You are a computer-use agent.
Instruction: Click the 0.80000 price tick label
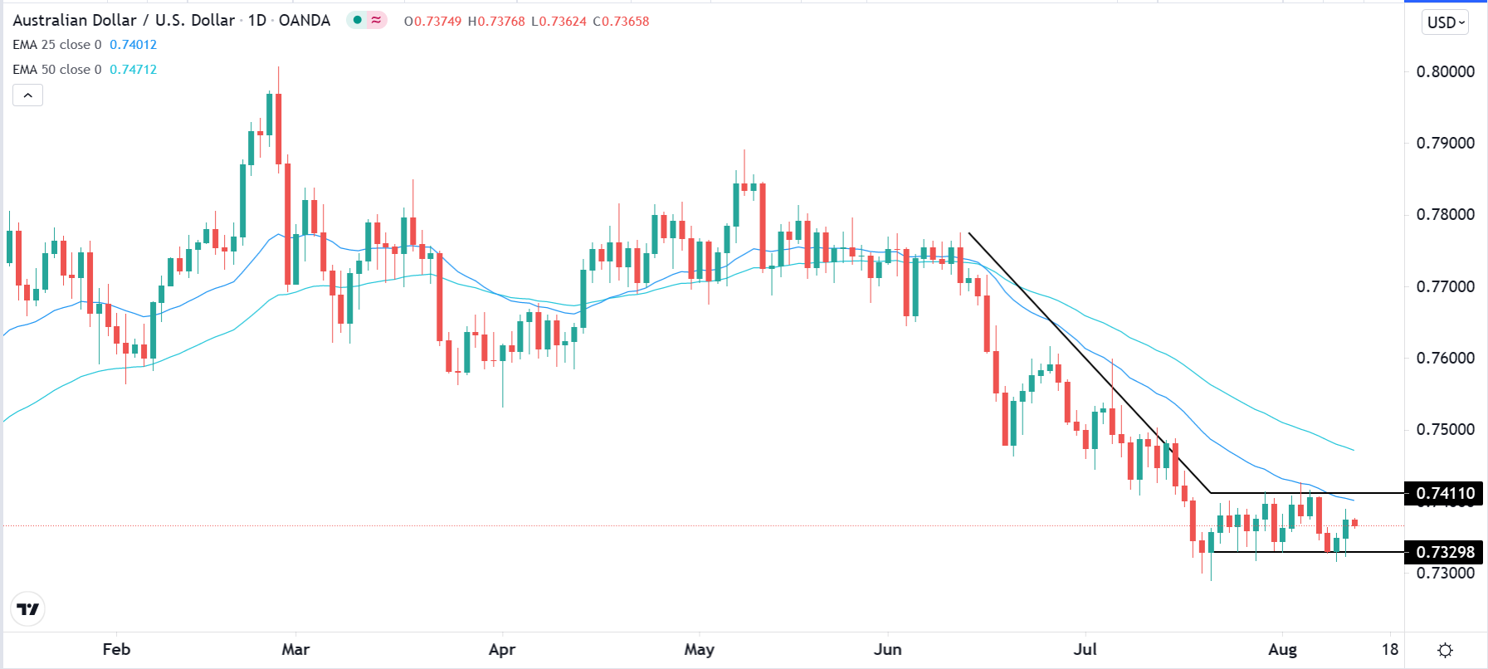point(1445,71)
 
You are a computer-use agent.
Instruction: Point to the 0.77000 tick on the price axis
point(1445,286)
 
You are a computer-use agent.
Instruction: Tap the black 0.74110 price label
point(1445,493)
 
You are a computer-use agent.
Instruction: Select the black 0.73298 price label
point(1445,552)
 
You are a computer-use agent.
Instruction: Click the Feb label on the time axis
point(116,649)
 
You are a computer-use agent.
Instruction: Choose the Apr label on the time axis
point(502,649)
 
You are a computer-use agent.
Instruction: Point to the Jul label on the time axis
point(1085,649)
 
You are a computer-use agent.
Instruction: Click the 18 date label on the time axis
point(1390,649)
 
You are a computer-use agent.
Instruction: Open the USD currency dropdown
point(1446,22)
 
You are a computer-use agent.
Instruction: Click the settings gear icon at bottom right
point(1445,650)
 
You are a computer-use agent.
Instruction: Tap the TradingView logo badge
point(28,609)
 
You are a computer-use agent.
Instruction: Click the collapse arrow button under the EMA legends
point(27,95)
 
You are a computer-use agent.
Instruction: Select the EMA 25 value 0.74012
point(133,45)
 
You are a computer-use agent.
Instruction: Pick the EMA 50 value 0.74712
point(133,70)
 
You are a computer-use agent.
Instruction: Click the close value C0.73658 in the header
point(621,21)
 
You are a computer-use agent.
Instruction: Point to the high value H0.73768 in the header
point(496,21)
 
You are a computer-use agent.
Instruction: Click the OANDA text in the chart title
point(305,20)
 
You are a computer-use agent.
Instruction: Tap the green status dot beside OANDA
point(358,20)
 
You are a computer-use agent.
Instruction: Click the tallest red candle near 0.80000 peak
point(279,129)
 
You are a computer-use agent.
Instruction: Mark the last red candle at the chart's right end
point(1354,522)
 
